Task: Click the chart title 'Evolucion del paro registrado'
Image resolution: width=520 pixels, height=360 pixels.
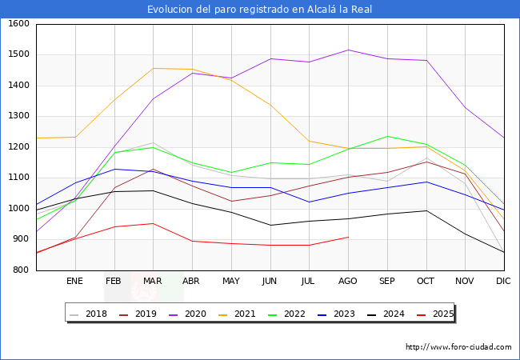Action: pyautogui.click(x=259, y=10)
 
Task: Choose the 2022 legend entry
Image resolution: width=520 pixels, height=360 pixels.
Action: pyautogui.click(x=286, y=314)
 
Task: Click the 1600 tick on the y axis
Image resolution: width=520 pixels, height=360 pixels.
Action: pyautogui.click(x=18, y=24)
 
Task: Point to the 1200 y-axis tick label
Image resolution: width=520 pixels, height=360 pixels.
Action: pyautogui.click(x=18, y=147)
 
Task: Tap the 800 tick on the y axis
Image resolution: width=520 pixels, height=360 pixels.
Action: pyautogui.click(x=22, y=270)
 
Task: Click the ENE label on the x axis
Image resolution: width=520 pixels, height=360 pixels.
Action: pyautogui.click(x=74, y=281)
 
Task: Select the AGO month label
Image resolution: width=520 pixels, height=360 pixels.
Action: pyautogui.click(x=348, y=281)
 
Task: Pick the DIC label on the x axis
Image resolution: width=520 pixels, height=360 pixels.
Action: pyautogui.click(x=503, y=281)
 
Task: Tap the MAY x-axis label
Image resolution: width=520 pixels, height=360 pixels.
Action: pyautogui.click(x=230, y=281)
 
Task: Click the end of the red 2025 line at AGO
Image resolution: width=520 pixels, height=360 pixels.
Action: pyautogui.click(x=348, y=237)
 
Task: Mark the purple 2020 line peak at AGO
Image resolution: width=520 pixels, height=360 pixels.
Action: pyautogui.click(x=348, y=50)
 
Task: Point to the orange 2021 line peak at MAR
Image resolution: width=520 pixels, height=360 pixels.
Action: pyautogui.click(x=153, y=68)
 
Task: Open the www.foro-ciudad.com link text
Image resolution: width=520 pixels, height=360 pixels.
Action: pyautogui.click(x=458, y=347)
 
